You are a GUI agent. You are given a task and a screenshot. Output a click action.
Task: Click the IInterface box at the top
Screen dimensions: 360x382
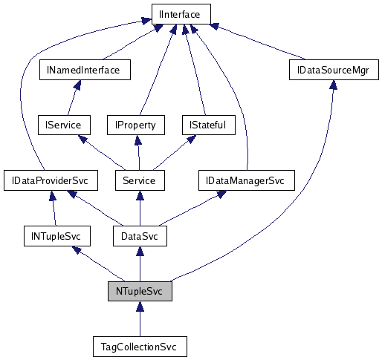(181, 13)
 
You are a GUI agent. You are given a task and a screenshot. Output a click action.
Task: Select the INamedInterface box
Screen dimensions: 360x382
(84, 70)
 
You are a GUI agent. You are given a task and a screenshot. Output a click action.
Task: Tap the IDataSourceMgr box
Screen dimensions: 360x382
(334, 70)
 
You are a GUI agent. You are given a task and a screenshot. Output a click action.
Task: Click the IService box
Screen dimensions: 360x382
(63, 125)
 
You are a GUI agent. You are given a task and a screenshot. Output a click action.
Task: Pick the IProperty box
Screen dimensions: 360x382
(135, 125)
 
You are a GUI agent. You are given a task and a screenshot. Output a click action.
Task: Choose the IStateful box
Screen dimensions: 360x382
(208, 125)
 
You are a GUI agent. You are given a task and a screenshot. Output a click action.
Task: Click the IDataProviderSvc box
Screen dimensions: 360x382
(46, 180)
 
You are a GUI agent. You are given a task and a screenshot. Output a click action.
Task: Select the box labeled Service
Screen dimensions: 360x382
(139, 180)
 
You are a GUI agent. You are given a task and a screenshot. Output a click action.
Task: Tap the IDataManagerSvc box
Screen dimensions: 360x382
(246, 180)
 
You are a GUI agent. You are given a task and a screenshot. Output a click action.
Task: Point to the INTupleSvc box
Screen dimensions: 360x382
(56, 236)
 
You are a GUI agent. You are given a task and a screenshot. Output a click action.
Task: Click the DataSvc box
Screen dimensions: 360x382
(139, 236)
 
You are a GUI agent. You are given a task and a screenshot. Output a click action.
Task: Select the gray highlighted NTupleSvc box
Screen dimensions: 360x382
(140, 291)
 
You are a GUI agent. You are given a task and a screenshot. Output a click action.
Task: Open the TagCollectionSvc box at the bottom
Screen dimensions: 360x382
(140, 347)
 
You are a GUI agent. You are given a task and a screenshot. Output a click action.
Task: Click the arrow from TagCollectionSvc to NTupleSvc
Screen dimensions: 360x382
(140, 319)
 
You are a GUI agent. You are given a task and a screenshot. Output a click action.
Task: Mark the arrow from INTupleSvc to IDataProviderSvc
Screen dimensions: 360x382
(52, 209)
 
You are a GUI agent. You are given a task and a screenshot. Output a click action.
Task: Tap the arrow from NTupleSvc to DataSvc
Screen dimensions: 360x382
(139, 264)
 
